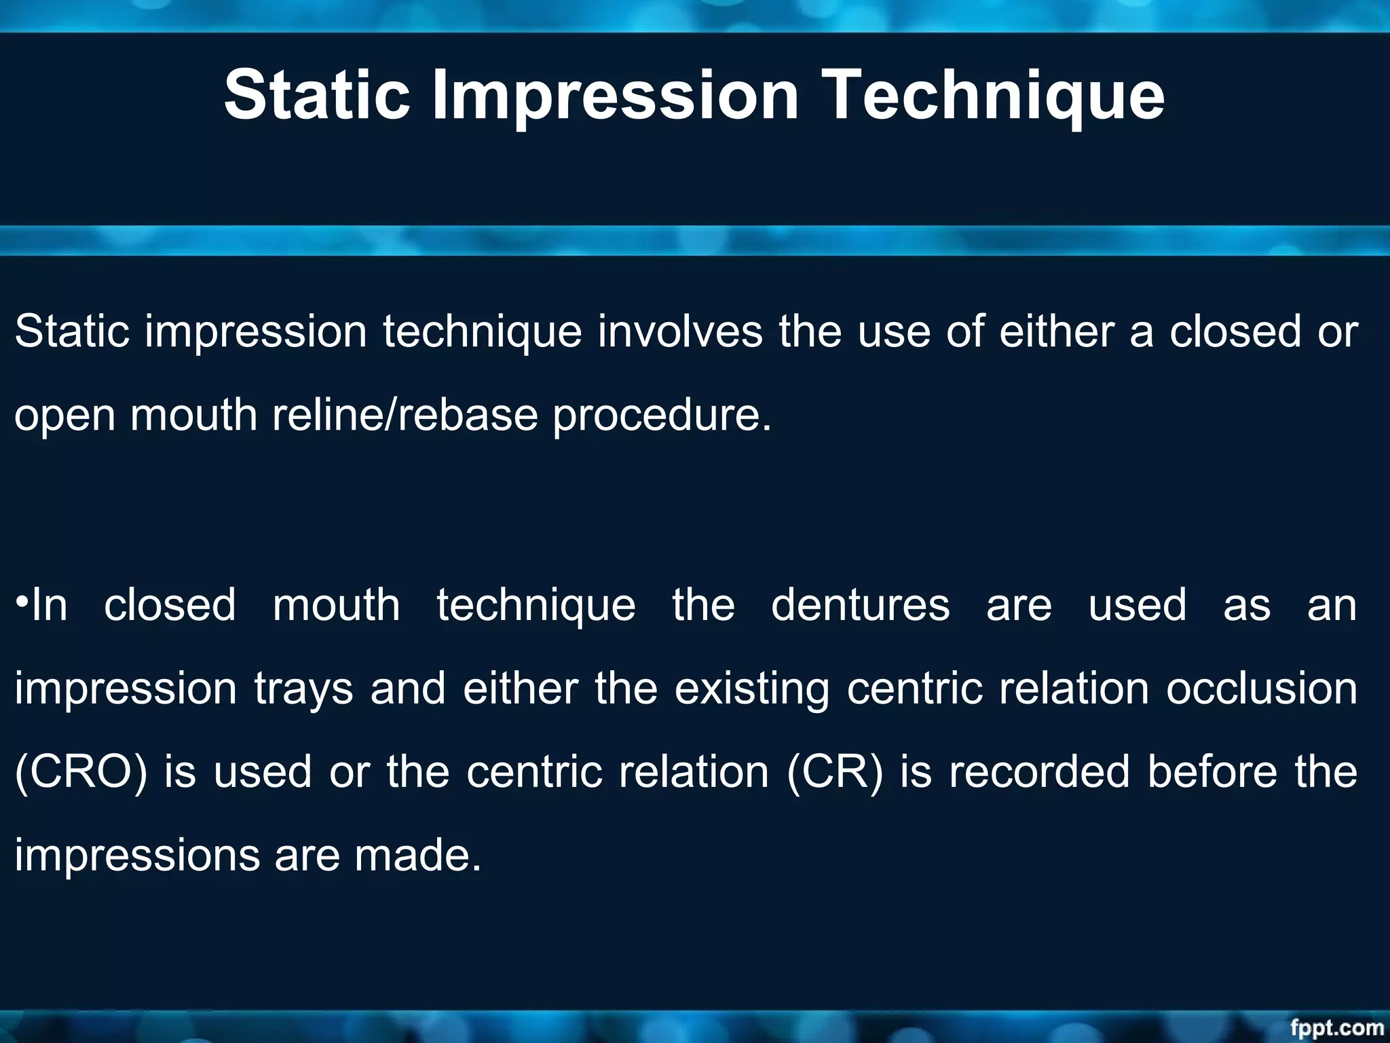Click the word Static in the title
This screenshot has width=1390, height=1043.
(317, 95)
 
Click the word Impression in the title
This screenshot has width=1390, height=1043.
(616, 95)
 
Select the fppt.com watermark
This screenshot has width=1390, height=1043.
(1336, 1027)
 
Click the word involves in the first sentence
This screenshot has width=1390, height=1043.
(680, 332)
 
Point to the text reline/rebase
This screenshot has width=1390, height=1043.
(405, 415)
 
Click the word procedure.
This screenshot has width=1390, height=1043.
(662, 415)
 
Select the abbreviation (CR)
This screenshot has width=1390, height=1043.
(835, 772)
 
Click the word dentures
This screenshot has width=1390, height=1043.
(860, 605)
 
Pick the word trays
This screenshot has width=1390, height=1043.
(303, 689)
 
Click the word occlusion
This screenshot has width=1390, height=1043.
(1262, 689)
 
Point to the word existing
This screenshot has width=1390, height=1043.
(752, 689)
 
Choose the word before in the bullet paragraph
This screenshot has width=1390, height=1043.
(1212, 772)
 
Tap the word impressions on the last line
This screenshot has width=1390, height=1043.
(137, 855)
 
